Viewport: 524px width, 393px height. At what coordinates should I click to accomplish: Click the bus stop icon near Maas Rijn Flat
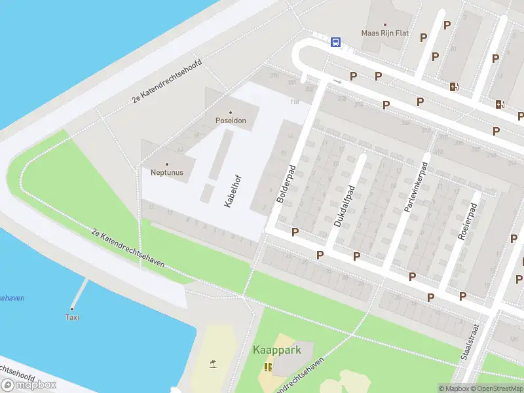(335, 43)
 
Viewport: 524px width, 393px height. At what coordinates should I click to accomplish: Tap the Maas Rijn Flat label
(385, 33)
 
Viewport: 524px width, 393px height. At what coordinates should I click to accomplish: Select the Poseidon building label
(230, 121)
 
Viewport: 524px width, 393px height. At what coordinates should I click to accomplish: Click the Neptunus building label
(166, 173)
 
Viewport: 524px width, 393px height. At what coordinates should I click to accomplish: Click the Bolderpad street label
(286, 183)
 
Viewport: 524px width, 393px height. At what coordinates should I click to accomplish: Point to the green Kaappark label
(277, 350)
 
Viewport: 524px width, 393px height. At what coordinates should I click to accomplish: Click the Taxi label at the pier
(72, 317)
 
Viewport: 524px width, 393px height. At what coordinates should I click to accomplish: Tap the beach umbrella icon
(213, 364)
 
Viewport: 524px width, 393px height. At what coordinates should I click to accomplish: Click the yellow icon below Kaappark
(267, 367)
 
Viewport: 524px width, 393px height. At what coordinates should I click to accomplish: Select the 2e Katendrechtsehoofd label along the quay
(167, 81)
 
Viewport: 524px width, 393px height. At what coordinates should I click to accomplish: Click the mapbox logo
(29, 384)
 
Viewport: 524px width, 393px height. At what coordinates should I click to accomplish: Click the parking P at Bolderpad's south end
(295, 232)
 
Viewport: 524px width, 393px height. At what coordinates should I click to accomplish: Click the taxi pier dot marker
(72, 309)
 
